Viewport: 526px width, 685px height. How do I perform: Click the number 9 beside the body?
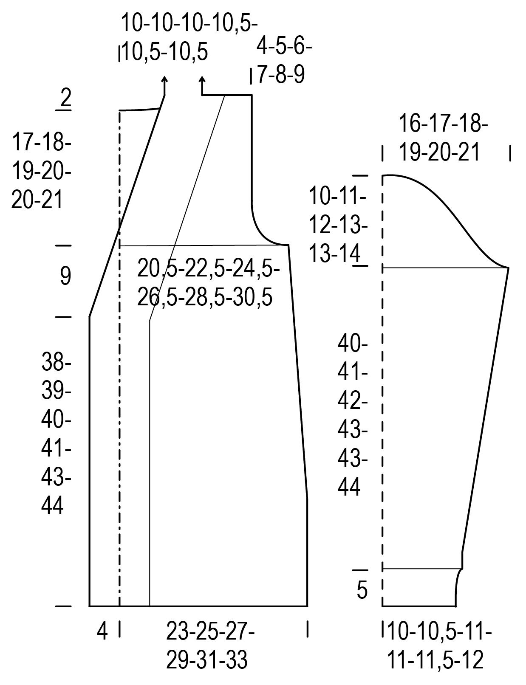click(65, 276)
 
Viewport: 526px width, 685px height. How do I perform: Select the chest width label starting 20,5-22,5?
click(209, 283)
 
